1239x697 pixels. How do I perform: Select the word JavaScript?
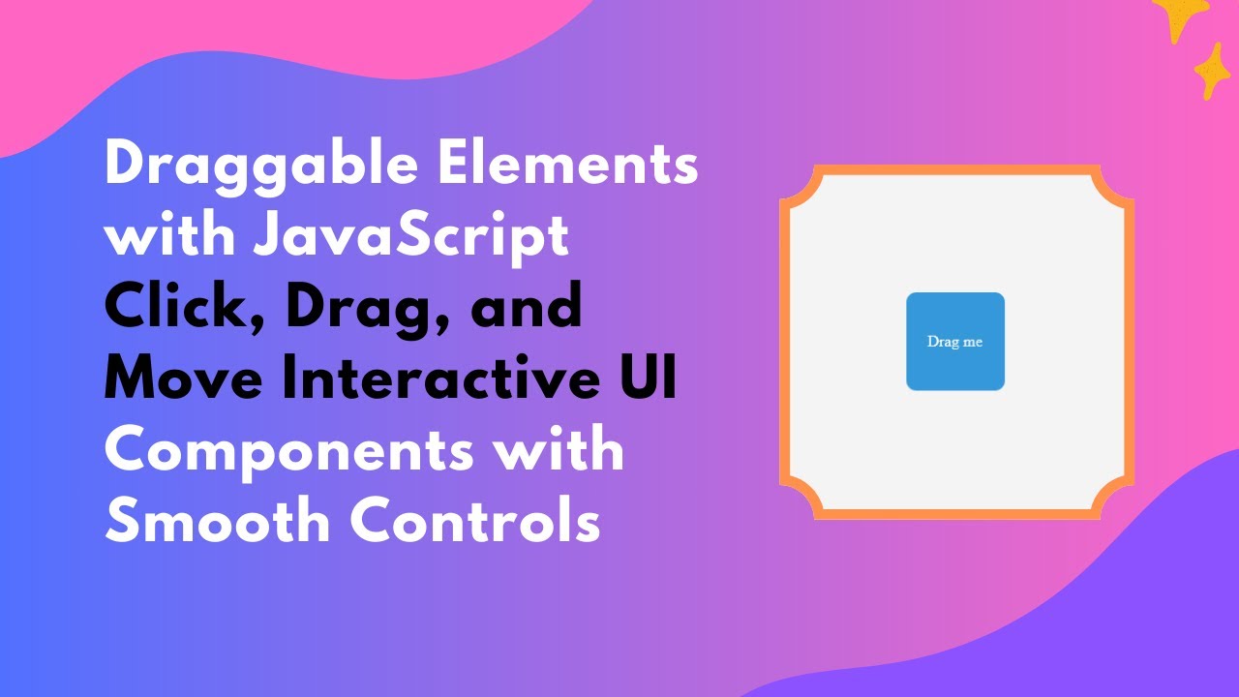click(x=410, y=238)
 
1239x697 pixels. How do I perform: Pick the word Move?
click(x=182, y=379)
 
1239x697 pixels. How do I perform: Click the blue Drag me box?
click(x=955, y=342)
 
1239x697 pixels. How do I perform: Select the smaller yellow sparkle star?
click(x=1212, y=71)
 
